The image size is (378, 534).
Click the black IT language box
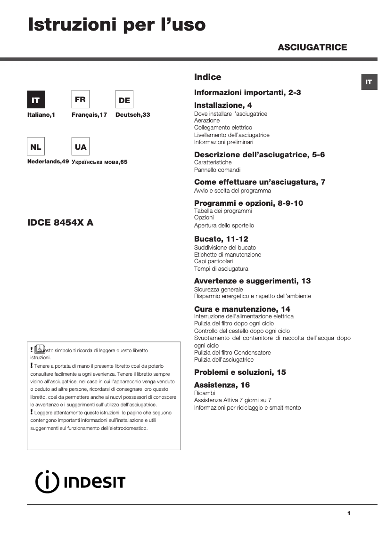[35, 100]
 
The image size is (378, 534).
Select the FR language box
[80, 99]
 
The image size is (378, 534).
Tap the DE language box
[124, 100]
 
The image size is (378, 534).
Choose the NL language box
[35, 146]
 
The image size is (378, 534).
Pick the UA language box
[80, 146]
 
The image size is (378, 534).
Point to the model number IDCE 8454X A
[60, 223]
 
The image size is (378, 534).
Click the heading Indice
[207, 77]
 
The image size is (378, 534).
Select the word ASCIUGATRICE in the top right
[312, 47]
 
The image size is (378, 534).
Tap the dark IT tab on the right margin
[369, 82]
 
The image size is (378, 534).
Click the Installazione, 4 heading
[223, 105]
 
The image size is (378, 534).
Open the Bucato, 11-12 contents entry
[221, 239]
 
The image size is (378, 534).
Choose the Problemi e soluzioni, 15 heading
[240, 372]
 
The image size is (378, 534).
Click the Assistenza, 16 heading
[222, 385]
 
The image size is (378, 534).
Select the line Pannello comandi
[217, 170]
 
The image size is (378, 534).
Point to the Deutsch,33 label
[132, 114]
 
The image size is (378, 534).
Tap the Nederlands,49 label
[48, 162]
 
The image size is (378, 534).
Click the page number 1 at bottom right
[349, 513]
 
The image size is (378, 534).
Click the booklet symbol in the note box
[40, 349]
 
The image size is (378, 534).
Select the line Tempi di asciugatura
[221, 268]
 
